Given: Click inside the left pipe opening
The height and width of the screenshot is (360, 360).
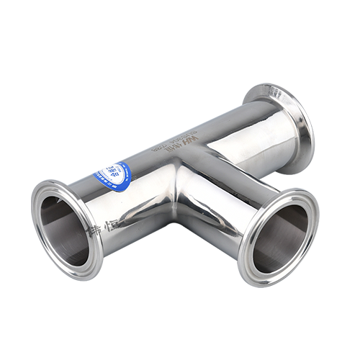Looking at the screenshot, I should pos(63,229).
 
